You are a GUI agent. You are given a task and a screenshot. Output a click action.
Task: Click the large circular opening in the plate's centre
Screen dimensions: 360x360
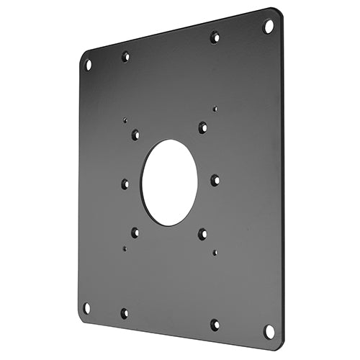coord(169,181)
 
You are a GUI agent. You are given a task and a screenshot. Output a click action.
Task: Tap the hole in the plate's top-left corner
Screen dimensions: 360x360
coord(89,64)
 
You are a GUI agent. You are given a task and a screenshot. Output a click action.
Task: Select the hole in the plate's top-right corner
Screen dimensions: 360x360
coord(269,26)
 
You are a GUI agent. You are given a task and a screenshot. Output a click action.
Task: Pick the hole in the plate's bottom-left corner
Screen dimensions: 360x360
coord(87,307)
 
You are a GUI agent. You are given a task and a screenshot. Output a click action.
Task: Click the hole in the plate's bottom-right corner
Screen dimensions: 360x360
coord(269,331)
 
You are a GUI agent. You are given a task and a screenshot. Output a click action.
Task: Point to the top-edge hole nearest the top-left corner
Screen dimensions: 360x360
coord(126,55)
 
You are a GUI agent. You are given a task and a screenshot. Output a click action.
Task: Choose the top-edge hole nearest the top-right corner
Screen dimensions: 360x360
coord(215,36)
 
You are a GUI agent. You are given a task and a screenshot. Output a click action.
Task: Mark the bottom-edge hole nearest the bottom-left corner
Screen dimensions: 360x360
coord(125,313)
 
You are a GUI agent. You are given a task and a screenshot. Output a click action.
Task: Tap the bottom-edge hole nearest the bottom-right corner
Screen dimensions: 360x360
coord(215,325)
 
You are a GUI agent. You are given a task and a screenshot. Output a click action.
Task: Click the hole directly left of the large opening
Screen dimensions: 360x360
coord(125,184)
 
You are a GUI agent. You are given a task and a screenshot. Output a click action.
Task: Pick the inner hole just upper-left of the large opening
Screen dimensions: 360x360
coord(135,134)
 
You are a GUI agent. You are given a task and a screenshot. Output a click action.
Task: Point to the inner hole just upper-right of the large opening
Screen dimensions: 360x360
coord(202,127)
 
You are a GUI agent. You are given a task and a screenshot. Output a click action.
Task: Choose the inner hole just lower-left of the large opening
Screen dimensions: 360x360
coord(135,232)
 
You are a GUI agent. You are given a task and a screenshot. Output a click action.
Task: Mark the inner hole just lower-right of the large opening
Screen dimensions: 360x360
coord(202,234)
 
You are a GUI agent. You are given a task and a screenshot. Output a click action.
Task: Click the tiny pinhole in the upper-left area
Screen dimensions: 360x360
coord(125,121)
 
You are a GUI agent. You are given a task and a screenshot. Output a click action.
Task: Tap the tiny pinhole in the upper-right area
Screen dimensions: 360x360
coord(215,109)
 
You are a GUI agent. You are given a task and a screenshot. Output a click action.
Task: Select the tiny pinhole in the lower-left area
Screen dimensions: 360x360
coord(125,248)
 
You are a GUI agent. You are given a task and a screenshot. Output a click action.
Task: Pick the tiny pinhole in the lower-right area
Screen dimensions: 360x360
coord(215,253)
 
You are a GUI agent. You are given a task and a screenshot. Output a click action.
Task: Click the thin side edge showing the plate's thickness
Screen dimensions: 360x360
coord(282,180)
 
